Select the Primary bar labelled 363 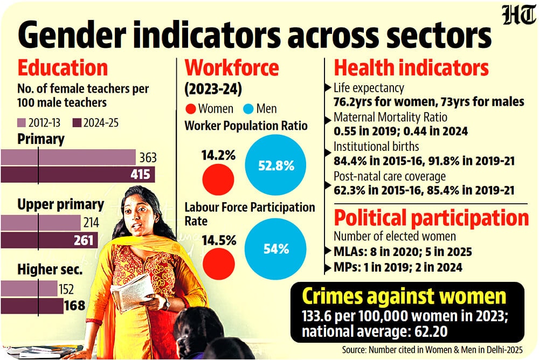[x=68, y=157]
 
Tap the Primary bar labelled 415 [x=78, y=175]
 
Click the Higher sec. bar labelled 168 [x=32, y=306]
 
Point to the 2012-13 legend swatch [x=23, y=123]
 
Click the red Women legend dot [x=191, y=108]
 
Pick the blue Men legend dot [x=248, y=108]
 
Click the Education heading [x=63, y=69]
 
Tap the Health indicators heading [x=411, y=68]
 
